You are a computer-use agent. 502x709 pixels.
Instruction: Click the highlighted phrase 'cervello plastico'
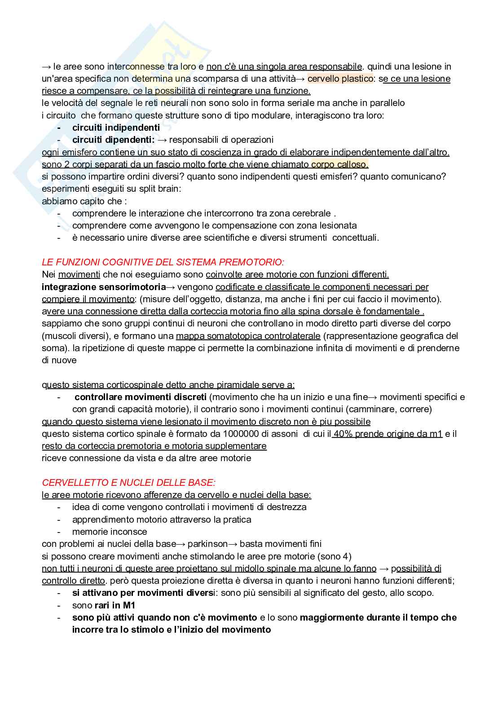(x=340, y=79)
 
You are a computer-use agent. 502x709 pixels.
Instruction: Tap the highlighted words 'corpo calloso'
(x=339, y=164)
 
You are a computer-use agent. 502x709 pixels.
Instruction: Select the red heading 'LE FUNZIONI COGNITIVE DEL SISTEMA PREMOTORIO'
(x=163, y=262)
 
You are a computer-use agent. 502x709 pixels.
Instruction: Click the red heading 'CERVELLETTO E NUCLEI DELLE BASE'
(x=128, y=483)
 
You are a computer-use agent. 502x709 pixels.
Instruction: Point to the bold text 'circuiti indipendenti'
(x=116, y=128)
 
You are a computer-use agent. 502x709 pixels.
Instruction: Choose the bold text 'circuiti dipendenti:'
(x=113, y=140)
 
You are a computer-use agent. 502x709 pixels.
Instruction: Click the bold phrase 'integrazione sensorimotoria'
(x=104, y=287)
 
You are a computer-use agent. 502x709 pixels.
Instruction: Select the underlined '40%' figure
(x=343, y=434)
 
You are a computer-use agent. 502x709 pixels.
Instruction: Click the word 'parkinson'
(x=207, y=544)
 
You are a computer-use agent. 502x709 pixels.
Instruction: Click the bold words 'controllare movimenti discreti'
(x=141, y=397)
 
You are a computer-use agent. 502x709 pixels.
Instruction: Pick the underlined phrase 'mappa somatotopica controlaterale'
(x=248, y=336)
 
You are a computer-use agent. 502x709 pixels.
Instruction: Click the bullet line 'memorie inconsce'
(x=110, y=532)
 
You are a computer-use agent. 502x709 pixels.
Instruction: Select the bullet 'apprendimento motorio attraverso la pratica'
(x=162, y=520)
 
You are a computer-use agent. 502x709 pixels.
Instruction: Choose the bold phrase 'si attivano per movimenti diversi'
(x=144, y=593)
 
